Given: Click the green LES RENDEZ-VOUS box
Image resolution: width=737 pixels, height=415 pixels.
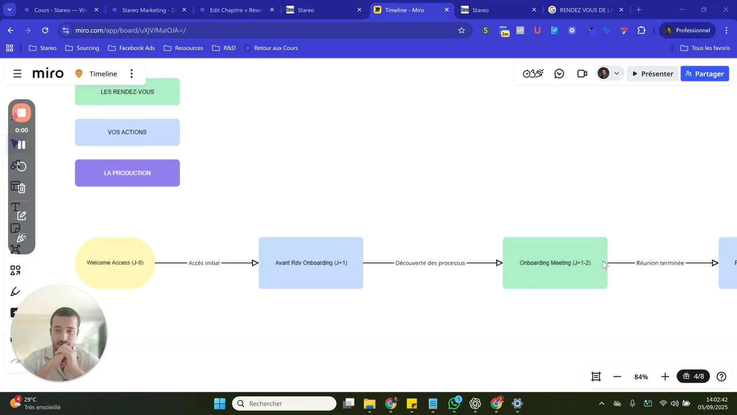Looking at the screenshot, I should [x=127, y=92].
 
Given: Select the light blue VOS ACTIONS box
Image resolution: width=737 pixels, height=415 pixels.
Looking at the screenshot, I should [x=127, y=132].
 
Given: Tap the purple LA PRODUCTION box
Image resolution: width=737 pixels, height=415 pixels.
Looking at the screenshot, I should [x=127, y=173].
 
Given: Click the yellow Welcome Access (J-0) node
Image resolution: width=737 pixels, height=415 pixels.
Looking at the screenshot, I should [x=115, y=263].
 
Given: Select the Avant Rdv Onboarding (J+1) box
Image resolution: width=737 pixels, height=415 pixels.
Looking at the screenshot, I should [x=311, y=263].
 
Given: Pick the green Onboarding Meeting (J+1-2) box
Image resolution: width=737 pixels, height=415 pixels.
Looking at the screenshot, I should [x=555, y=263].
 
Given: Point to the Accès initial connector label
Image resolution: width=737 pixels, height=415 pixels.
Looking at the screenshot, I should [x=204, y=263].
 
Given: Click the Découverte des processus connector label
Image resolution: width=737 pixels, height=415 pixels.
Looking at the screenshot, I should [x=430, y=263].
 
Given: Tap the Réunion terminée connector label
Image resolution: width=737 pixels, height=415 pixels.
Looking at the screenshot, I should [x=660, y=263].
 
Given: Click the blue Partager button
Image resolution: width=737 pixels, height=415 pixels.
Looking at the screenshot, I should [x=705, y=74].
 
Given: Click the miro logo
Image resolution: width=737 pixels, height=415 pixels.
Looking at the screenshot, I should [x=48, y=74].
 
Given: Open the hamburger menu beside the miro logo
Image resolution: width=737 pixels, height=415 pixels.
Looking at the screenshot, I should [x=17, y=74].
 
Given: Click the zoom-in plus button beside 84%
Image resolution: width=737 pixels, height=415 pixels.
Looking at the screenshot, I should [x=665, y=376].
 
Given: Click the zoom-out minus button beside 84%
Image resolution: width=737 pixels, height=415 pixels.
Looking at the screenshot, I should [x=617, y=376].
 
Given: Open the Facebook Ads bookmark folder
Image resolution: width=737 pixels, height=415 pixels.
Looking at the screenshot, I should [x=131, y=48].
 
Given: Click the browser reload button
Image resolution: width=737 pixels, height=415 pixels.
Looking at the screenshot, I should [x=45, y=30].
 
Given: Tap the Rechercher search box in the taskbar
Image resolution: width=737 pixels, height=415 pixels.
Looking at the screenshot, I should [x=284, y=403].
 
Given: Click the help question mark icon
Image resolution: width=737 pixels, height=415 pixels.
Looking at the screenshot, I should [x=721, y=376].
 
